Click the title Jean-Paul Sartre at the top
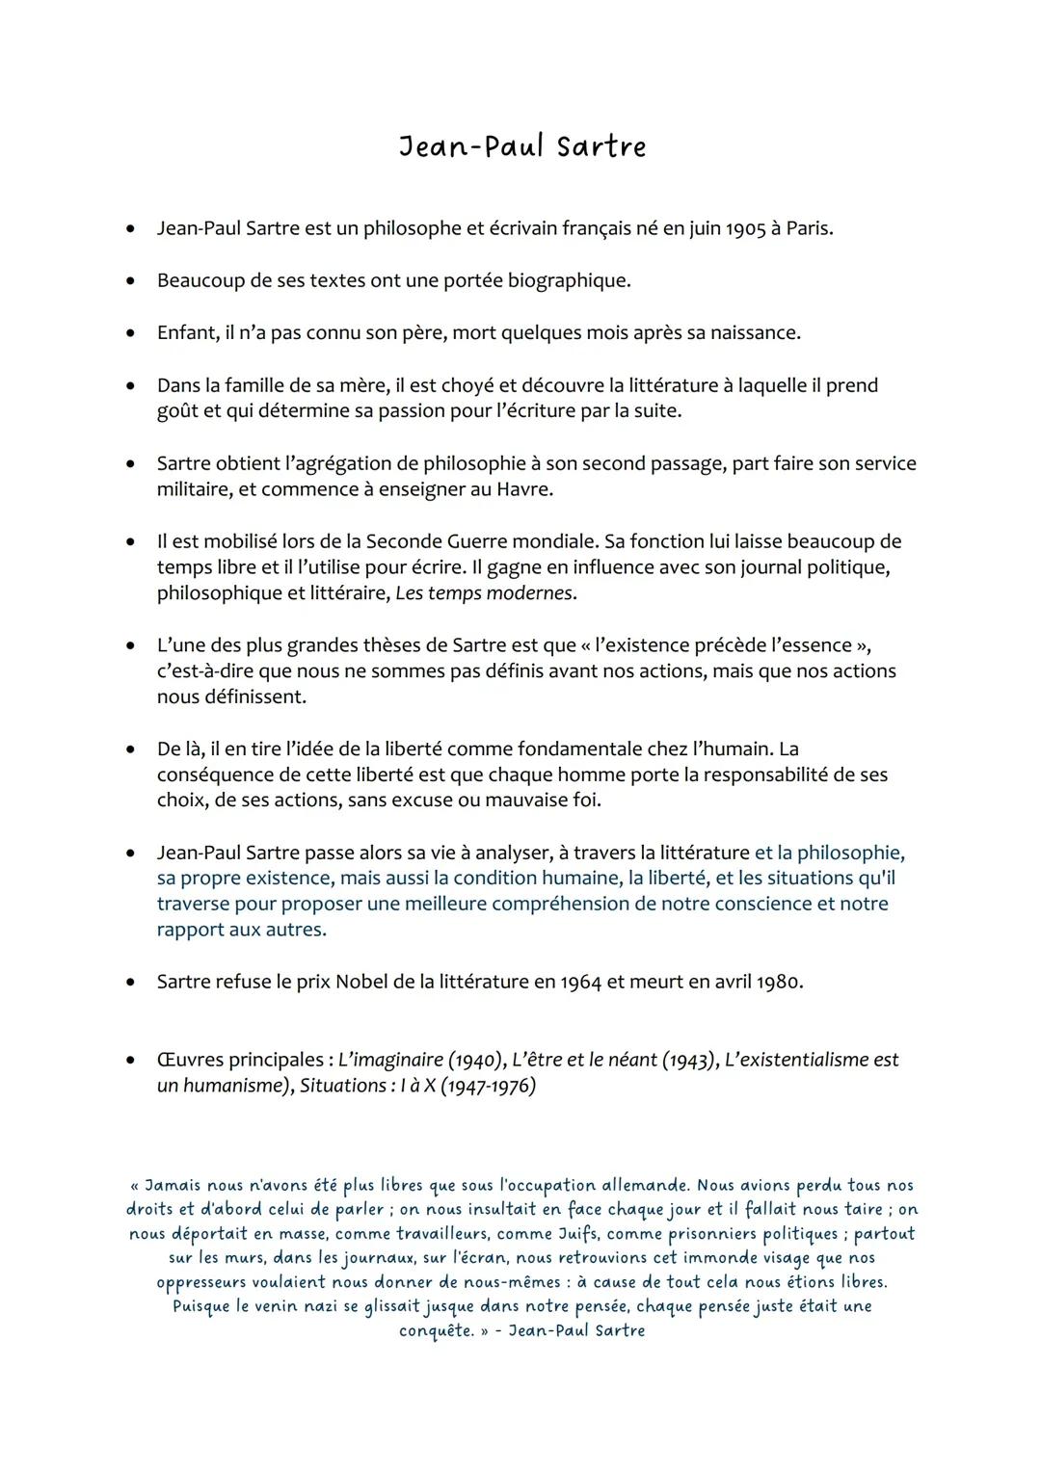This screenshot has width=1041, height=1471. click(522, 147)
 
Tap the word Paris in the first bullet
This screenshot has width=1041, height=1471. click(808, 229)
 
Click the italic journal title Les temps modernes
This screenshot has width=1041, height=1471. click(485, 593)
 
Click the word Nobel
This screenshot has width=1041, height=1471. click(361, 983)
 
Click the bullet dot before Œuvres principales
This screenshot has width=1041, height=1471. click(128, 1061)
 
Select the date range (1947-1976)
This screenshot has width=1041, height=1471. click(487, 1087)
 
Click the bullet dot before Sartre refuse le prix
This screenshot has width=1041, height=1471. click(128, 983)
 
